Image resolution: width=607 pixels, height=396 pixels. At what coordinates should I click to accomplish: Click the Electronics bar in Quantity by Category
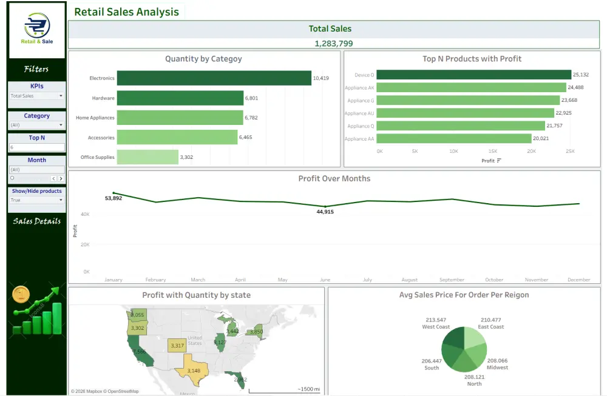[214, 78]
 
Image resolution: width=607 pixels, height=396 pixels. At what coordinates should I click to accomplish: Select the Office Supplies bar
[148, 157]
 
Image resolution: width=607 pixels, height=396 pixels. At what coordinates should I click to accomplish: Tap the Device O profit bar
[473, 75]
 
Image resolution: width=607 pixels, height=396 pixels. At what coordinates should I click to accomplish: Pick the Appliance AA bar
[453, 138]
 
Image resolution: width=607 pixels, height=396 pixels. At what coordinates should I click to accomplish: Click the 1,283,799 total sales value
[333, 44]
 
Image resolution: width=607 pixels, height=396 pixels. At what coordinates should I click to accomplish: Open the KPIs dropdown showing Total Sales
[36, 96]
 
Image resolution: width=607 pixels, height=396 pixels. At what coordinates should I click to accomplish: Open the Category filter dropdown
[36, 125]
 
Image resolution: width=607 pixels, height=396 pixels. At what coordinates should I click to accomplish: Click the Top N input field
[36, 147]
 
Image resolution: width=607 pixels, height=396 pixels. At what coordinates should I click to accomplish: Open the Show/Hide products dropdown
[36, 200]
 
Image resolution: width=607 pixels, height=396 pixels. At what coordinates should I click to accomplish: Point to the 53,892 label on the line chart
[114, 198]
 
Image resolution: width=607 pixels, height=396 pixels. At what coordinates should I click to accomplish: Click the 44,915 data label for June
[325, 212]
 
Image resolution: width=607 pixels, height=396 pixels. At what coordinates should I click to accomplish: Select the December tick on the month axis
[578, 280]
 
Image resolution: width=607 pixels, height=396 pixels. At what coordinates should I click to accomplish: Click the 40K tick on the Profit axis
[86, 214]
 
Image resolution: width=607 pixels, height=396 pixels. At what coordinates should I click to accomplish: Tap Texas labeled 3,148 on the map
[194, 371]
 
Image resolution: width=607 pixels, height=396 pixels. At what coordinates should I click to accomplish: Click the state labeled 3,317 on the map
[177, 346]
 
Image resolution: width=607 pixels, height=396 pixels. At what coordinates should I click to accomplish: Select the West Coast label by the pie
[436, 327]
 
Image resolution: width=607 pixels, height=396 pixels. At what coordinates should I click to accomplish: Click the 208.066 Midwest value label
[497, 360]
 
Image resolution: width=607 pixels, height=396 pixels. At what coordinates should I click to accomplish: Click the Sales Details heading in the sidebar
[37, 221]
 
